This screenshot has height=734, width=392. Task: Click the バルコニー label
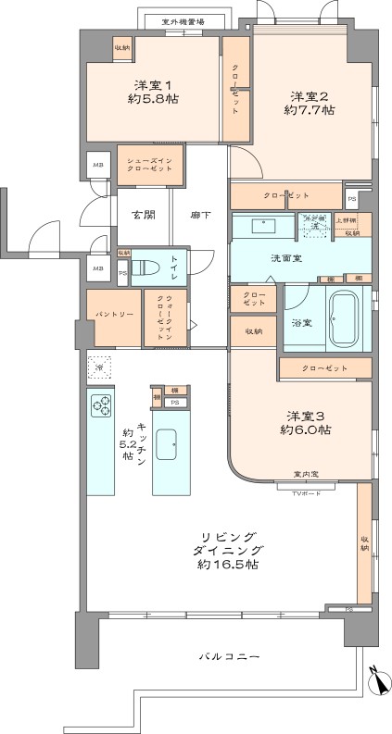(229, 656)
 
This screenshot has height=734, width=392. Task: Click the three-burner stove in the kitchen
(99, 404)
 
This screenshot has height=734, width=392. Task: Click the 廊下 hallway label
(200, 216)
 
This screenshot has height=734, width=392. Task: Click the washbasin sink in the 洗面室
(263, 225)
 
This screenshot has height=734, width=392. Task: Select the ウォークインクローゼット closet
(163, 317)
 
